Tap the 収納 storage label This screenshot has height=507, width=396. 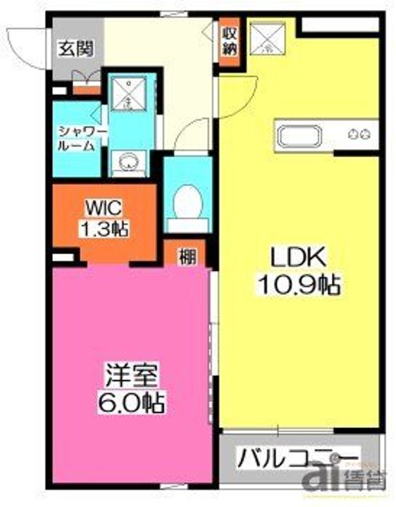point(229,40)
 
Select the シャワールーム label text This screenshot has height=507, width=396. point(82,138)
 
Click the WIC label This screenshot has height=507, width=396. point(104,208)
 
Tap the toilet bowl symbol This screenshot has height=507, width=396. point(188,201)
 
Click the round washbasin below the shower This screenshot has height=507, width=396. point(128,161)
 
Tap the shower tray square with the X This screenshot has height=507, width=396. point(129,94)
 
